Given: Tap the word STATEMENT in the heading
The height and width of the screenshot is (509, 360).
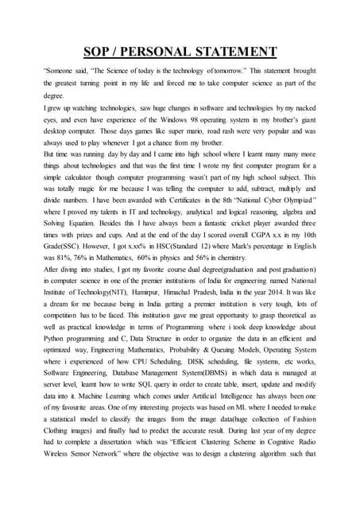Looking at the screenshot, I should pyautogui.click(x=234, y=52).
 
